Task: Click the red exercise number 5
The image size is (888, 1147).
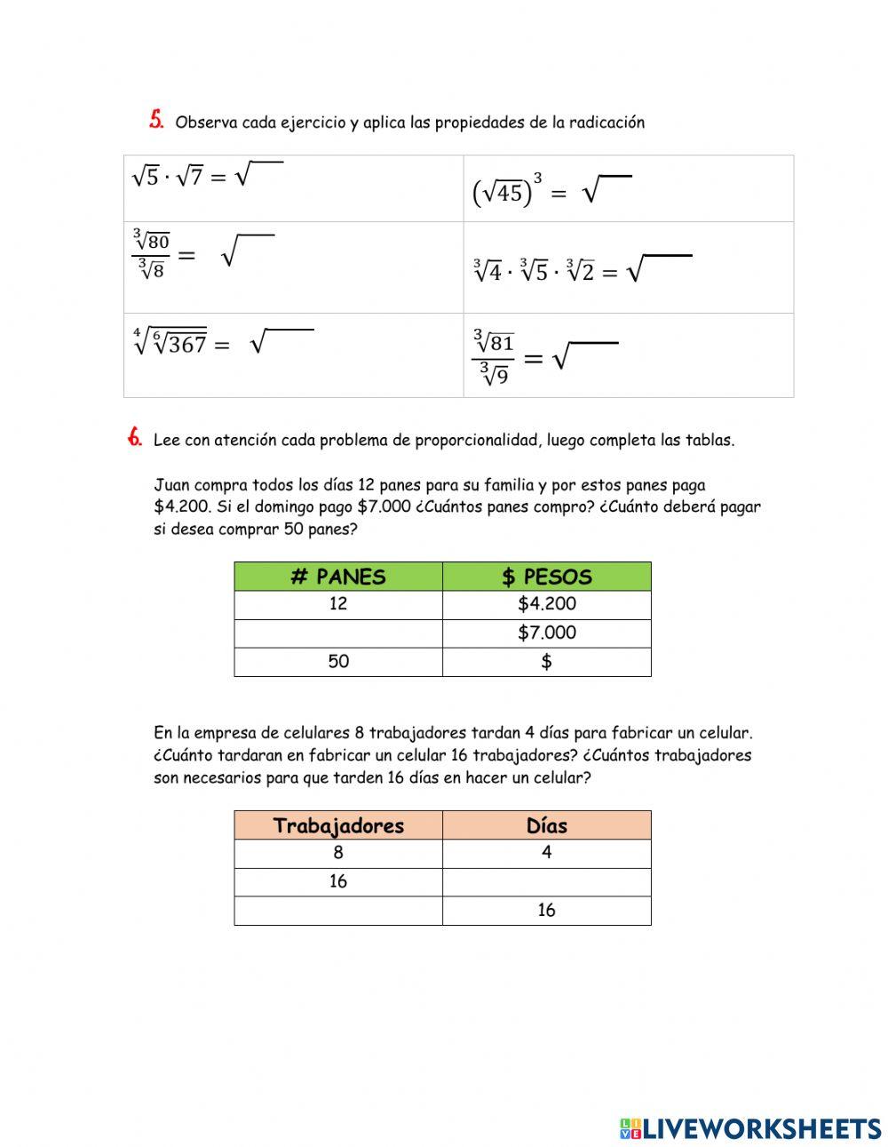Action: click(156, 120)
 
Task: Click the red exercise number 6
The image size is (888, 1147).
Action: click(135, 437)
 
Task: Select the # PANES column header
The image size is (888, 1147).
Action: click(338, 577)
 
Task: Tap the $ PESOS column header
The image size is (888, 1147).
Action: click(547, 577)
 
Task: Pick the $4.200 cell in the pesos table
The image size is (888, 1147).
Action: click(547, 604)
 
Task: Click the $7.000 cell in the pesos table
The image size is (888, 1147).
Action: click(547, 633)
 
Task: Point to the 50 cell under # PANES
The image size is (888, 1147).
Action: click(338, 661)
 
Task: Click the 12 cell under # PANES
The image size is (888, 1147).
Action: click(338, 604)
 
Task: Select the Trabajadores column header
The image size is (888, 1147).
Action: click(338, 825)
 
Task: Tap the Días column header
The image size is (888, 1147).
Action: click(547, 825)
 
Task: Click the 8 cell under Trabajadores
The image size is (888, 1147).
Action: click(338, 853)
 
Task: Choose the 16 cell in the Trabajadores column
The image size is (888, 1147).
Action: click(338, 881)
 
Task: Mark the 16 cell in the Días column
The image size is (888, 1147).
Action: click(547, 910)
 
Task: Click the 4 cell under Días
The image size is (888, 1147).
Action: click(547, 853)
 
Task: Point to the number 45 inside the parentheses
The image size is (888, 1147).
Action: click(509, 193)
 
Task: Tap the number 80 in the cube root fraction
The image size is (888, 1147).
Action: click(158, 242)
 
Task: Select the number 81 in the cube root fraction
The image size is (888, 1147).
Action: click(502, 343)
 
